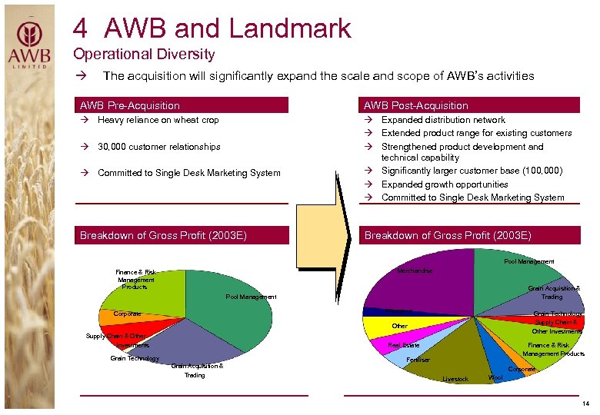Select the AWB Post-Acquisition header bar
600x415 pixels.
[471, 105]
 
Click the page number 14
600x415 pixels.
[585, 403]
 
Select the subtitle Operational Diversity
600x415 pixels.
[144, 55]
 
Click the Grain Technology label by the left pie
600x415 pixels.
[135, 358]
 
